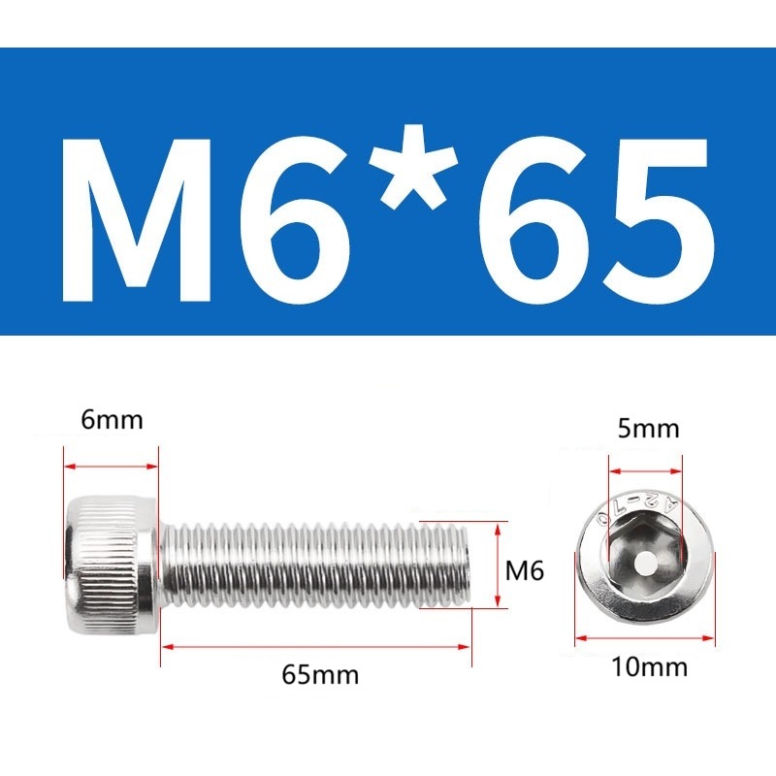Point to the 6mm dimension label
pyautogui.click(x=112, y=420)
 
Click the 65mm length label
pyautogui.click(x=320, y=674)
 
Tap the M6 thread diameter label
pyautogui.click(x=525, y=570)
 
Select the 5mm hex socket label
pyautogui.click(x=648, y=429)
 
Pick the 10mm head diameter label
pyautogui.click(x=649, y=666)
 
